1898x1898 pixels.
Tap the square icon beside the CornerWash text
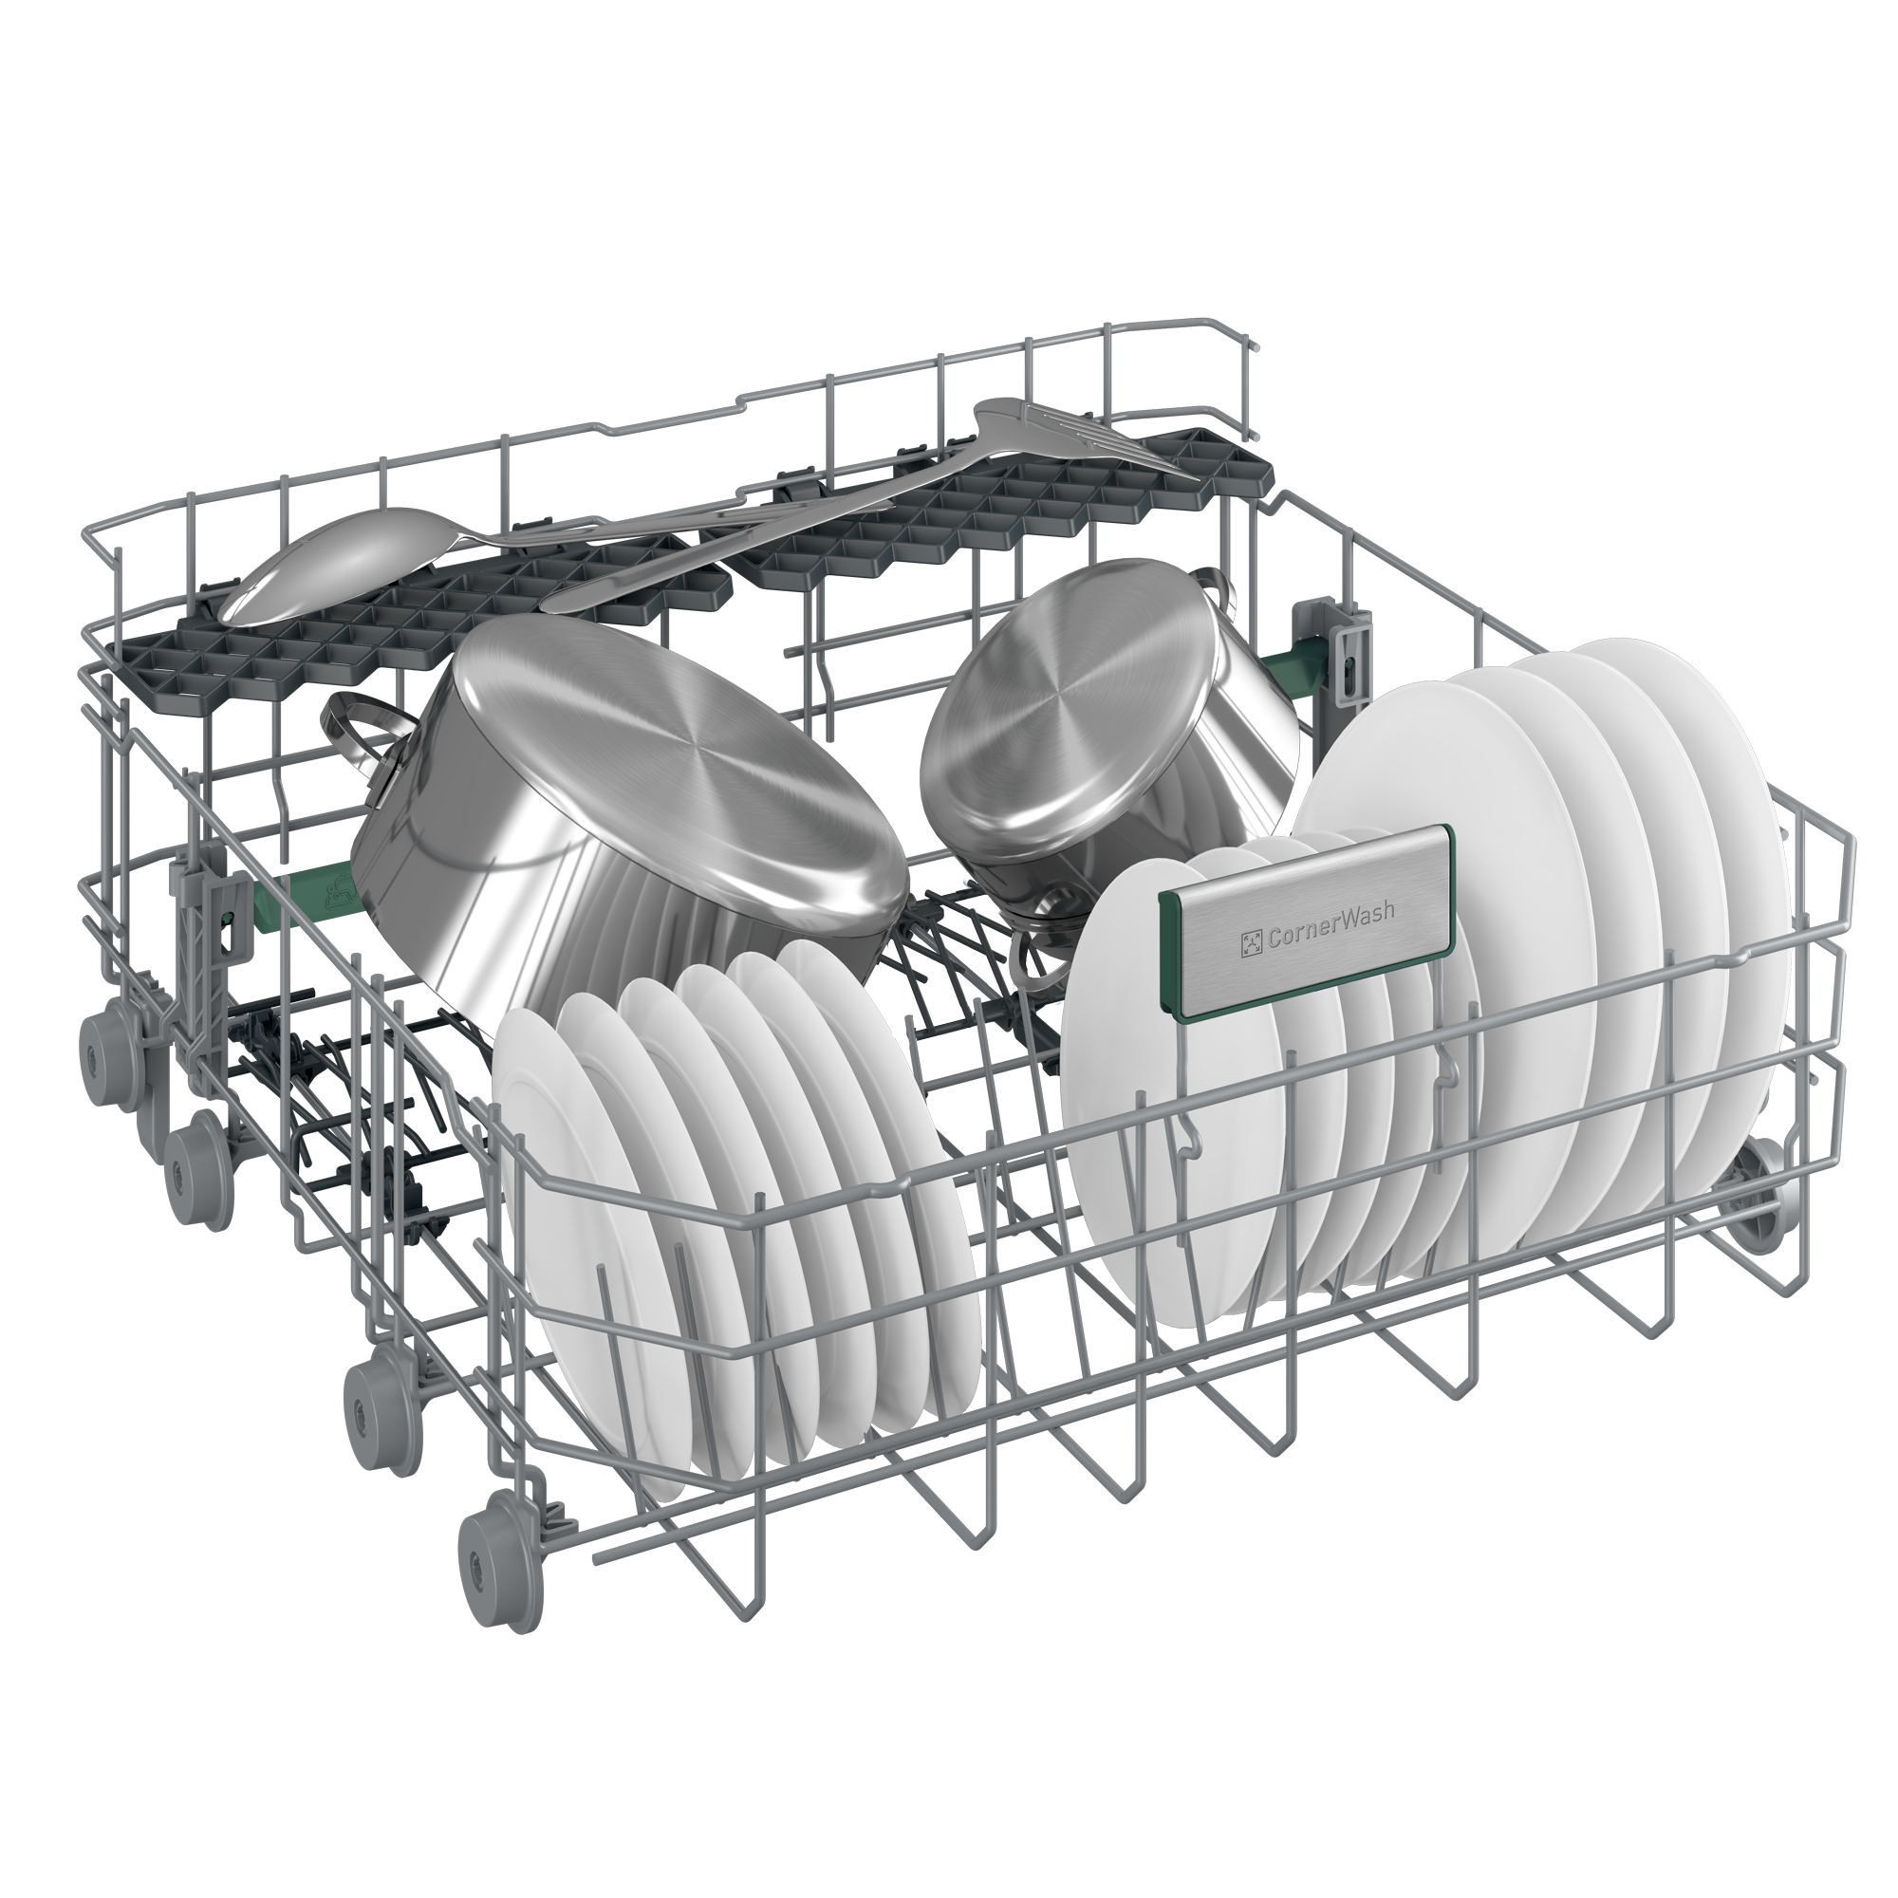(x=1251, y=944)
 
